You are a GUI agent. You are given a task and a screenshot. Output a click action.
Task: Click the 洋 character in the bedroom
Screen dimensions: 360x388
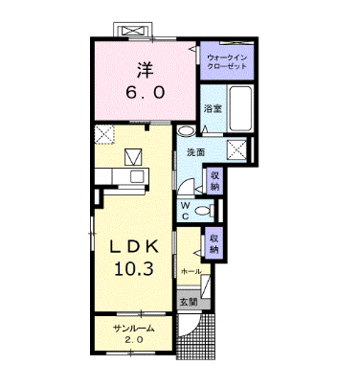(146, 70)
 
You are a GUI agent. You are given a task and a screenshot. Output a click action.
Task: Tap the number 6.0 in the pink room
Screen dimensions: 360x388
(146, 93)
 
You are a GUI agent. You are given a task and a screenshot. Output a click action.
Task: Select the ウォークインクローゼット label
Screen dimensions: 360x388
(227, 62)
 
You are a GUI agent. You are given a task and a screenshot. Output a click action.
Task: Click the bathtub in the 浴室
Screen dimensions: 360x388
(241, 108)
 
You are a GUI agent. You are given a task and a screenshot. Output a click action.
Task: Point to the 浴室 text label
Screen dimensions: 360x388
(213, 108)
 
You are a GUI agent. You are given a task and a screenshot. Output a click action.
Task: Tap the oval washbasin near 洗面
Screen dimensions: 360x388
(186, 131)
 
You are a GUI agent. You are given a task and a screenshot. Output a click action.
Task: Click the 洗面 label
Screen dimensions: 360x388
(196, 152)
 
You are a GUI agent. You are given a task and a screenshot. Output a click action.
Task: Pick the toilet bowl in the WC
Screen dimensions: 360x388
(203, 211)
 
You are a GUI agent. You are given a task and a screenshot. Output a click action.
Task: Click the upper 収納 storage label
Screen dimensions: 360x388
(214, 181)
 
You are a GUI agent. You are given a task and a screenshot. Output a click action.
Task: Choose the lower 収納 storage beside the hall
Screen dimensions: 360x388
(214, 244)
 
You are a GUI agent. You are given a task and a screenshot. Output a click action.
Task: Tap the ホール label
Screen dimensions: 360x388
(191, 271)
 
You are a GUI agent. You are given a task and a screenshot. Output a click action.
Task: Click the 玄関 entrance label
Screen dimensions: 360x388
(189, 302)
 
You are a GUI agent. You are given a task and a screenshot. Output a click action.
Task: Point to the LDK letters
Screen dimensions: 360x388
(134, 246)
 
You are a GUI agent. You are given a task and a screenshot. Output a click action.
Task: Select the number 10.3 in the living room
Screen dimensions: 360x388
(134, 269)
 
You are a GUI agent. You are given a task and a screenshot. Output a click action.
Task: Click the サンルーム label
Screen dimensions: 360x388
(134, 329)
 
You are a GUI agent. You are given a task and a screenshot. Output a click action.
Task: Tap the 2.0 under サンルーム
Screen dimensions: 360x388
(134, 339)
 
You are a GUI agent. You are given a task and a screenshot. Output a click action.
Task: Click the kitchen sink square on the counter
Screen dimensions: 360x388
(138, 176)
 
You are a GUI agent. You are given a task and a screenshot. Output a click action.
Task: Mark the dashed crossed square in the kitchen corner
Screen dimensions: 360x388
(104, 134)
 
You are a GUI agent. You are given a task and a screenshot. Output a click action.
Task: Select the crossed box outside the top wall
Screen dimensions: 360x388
(133, 31)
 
